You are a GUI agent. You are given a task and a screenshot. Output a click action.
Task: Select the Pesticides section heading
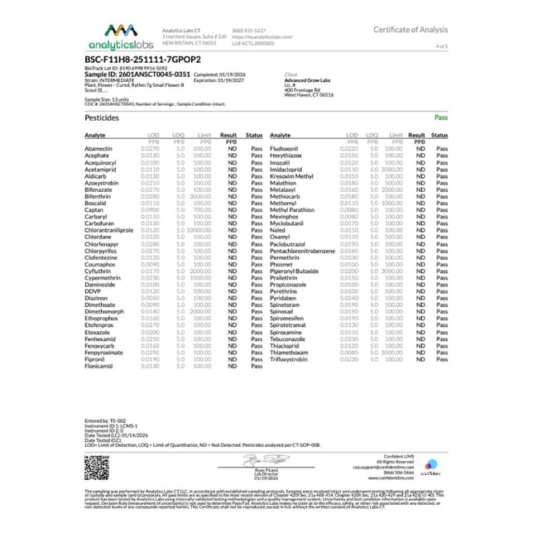tap(102, 118)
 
